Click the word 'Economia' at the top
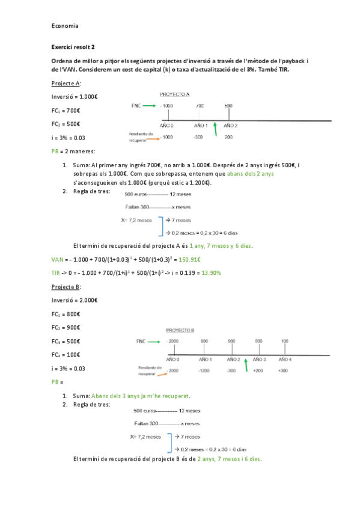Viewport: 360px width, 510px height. point(65,26)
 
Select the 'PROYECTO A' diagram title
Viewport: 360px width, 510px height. point(175,95)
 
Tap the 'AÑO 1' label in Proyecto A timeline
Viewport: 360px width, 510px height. point(201,126)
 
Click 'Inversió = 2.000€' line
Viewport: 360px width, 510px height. point(75,300)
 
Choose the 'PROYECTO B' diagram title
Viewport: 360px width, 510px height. point(179,330)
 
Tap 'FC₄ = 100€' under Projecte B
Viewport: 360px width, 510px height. point(66,355)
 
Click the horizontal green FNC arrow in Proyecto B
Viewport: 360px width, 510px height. point(151,342)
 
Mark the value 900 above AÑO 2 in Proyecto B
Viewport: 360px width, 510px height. point(231,342)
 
